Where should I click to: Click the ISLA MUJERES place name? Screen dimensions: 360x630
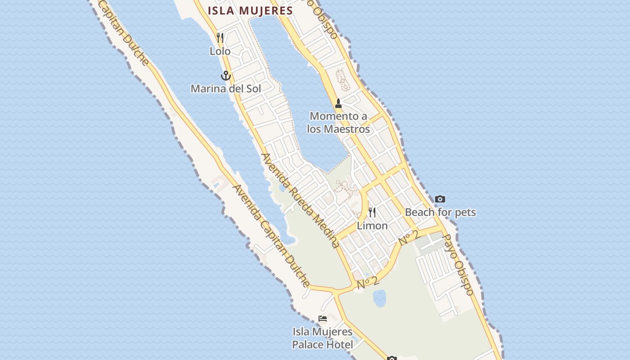250,11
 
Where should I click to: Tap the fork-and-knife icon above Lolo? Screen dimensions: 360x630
220,37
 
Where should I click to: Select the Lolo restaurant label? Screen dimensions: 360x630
220,51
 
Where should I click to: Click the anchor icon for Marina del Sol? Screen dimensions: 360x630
225,75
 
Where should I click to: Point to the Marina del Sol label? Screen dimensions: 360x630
225,89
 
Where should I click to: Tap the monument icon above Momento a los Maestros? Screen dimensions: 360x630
338,103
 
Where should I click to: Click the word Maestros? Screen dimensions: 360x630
347,130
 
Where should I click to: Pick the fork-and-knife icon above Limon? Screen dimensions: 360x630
372,212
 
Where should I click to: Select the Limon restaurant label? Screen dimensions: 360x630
372,226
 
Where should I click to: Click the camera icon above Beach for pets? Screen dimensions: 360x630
440,199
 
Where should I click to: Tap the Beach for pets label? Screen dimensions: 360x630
440,212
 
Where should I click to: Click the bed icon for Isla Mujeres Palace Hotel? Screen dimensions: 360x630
323,319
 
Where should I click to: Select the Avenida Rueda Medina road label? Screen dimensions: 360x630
300,200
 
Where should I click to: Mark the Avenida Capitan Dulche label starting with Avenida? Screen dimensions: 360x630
271,236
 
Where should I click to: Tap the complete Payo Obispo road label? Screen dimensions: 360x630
458,265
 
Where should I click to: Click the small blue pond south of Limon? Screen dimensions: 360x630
379,297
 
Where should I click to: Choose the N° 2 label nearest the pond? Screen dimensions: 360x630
368,283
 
